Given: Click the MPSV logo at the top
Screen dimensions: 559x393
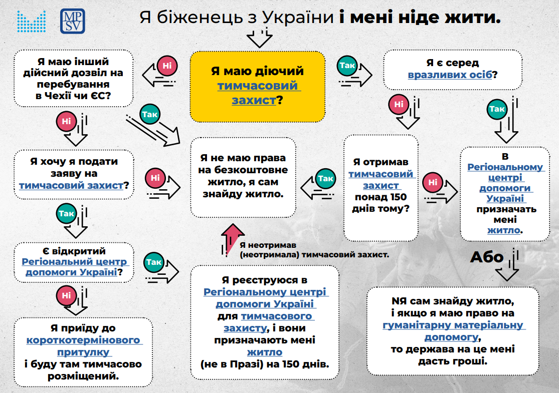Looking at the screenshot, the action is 73,21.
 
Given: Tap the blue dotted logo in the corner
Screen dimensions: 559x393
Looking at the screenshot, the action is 32,22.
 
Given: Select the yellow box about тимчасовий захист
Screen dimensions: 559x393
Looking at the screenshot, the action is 257,87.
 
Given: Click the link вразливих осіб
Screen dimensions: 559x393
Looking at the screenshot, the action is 450,75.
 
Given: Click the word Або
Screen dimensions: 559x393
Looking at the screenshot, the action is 487,257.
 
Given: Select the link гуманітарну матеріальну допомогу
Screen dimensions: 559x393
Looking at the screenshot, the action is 453,331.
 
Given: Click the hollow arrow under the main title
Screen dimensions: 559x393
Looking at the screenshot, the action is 260,38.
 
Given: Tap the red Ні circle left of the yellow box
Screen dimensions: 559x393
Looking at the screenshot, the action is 167,66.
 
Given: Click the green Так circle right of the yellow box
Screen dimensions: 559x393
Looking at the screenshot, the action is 347,66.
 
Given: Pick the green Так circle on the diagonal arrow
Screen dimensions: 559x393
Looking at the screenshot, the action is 150,114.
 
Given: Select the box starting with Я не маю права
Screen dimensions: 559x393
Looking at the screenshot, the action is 243,177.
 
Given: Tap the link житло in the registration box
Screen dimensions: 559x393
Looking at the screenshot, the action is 265,352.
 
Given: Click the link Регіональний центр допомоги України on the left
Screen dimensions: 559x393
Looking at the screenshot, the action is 74,267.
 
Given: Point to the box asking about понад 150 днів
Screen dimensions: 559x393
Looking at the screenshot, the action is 381,188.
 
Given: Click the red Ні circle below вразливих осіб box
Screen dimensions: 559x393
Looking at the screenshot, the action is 399,104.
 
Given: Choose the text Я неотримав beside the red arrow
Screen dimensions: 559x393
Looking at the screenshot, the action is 268,245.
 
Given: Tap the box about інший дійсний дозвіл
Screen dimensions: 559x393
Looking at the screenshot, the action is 73,78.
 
